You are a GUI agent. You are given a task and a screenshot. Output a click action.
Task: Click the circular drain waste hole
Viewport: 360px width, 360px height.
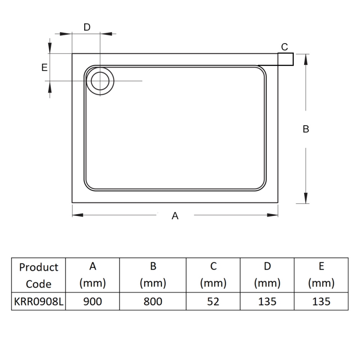coord(99,81)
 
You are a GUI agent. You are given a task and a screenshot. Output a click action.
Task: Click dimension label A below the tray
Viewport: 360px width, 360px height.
coord(175,216)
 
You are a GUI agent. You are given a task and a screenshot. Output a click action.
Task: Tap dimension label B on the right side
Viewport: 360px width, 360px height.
coord(306,129)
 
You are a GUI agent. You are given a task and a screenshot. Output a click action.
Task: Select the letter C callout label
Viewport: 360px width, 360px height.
coord(284,47)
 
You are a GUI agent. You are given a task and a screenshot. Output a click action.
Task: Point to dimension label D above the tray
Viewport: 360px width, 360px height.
coord(87,27)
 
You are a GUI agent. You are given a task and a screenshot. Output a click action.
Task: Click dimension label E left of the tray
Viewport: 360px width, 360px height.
coord(44,67)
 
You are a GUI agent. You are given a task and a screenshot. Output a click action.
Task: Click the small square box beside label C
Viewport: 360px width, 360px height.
coord(286,59)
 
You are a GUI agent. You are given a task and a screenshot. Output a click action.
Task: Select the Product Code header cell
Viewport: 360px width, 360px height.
coord(39,275)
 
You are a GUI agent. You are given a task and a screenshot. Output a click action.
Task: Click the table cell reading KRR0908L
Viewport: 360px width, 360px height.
coord(39,301)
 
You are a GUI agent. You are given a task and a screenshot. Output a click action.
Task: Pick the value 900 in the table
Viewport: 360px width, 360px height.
coord(93,301)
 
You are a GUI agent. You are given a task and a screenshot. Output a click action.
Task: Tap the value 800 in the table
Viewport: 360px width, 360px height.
coord(153,301)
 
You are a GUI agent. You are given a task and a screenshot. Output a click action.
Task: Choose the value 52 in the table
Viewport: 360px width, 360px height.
coord(213,301)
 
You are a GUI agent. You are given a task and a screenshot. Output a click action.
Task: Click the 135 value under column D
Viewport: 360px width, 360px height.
coord(267,301)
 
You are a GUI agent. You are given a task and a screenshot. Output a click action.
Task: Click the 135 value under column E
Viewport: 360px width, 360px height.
coord(321,301)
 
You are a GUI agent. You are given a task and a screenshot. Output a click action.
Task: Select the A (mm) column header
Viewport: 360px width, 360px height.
coord(93,275)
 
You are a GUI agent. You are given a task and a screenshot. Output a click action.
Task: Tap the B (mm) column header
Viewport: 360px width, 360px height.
coord(153,275)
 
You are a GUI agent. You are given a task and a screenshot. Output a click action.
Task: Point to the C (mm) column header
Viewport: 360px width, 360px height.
coord(213,275)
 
